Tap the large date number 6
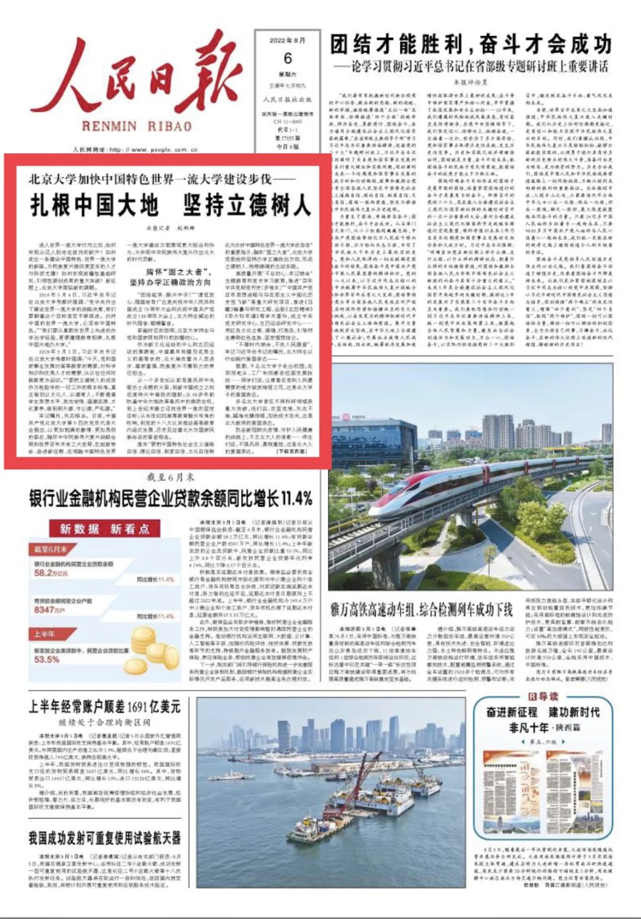288,58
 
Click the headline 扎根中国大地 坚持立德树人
170,206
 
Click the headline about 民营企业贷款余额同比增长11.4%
171,498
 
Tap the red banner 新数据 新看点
104,528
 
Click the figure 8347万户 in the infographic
49,609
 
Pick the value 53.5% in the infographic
47,659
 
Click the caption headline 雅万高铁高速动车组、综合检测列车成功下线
421,609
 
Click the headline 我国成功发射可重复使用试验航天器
104,838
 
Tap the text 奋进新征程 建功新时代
542,712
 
